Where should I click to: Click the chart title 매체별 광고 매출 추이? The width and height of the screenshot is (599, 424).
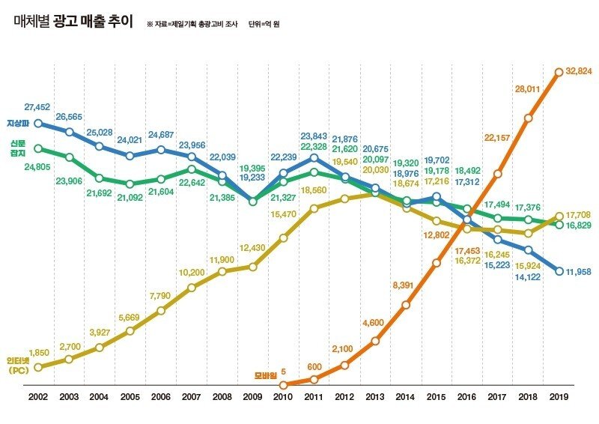coord(73,22)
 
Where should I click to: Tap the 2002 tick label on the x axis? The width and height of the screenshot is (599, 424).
coord(37,397)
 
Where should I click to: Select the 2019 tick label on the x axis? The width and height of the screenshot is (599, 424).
coord(558,397)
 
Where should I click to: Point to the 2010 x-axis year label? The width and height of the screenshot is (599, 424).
coord(283,397)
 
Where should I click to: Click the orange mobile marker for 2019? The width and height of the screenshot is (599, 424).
coord(559,72)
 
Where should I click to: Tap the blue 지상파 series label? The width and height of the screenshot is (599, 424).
coord(17,123)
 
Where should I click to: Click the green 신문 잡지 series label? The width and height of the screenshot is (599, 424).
coord(17,148)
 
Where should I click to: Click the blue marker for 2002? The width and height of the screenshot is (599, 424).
coord(38,124)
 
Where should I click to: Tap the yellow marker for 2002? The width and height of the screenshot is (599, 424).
coord(38,367)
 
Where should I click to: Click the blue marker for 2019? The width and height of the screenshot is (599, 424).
coord(559,271)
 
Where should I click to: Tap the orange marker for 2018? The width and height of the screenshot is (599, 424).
coord(528,118)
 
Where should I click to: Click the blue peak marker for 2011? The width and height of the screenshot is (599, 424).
coord(314,157)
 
